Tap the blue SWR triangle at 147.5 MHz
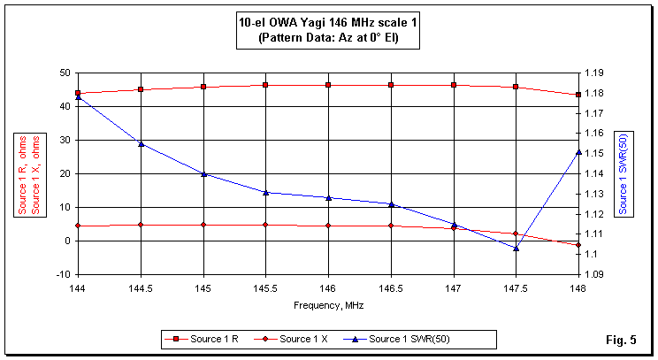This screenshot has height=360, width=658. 516,248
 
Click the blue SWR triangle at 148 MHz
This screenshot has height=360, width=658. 578,152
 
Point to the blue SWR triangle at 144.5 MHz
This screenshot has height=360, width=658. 141,143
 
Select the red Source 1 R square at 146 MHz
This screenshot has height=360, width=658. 328,85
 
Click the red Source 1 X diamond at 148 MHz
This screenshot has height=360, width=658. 578,245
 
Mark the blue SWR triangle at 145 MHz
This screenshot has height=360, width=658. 203,174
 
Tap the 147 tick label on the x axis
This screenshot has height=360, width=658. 453,288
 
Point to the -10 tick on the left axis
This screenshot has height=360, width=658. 62,274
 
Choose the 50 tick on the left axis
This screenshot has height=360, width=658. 65,73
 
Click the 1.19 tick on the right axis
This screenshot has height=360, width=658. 593,73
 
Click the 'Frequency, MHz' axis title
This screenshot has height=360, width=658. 328,304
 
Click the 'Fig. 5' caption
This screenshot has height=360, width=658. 621,340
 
